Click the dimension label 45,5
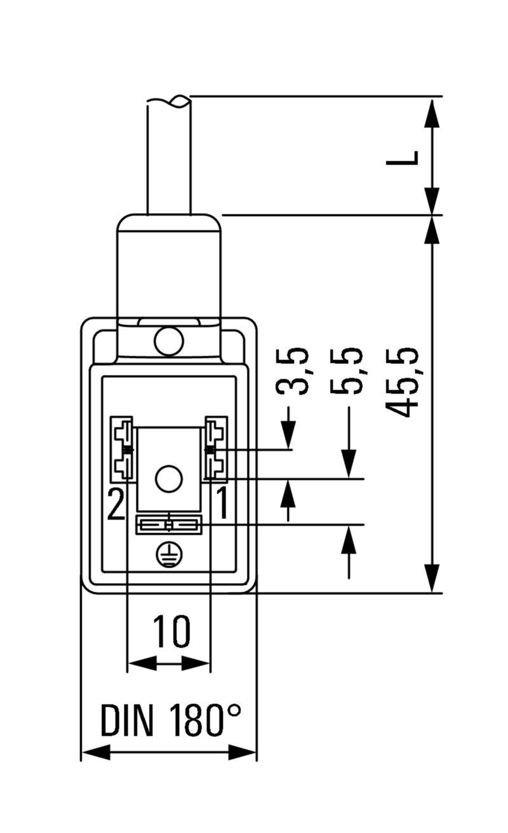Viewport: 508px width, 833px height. pos(405,382)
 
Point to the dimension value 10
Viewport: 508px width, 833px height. pos(171,631)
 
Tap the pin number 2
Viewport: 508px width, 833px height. pos(116,504)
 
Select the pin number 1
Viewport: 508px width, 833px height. pos(222,504)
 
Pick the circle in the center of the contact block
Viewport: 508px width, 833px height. pos(168,478)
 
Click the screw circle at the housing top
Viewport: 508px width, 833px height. pos(168,340)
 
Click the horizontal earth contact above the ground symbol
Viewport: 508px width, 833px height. pos(169,524)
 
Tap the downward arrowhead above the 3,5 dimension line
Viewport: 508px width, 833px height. pos(289,439)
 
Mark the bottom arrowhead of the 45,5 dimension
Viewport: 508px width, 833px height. pos(432,579)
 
